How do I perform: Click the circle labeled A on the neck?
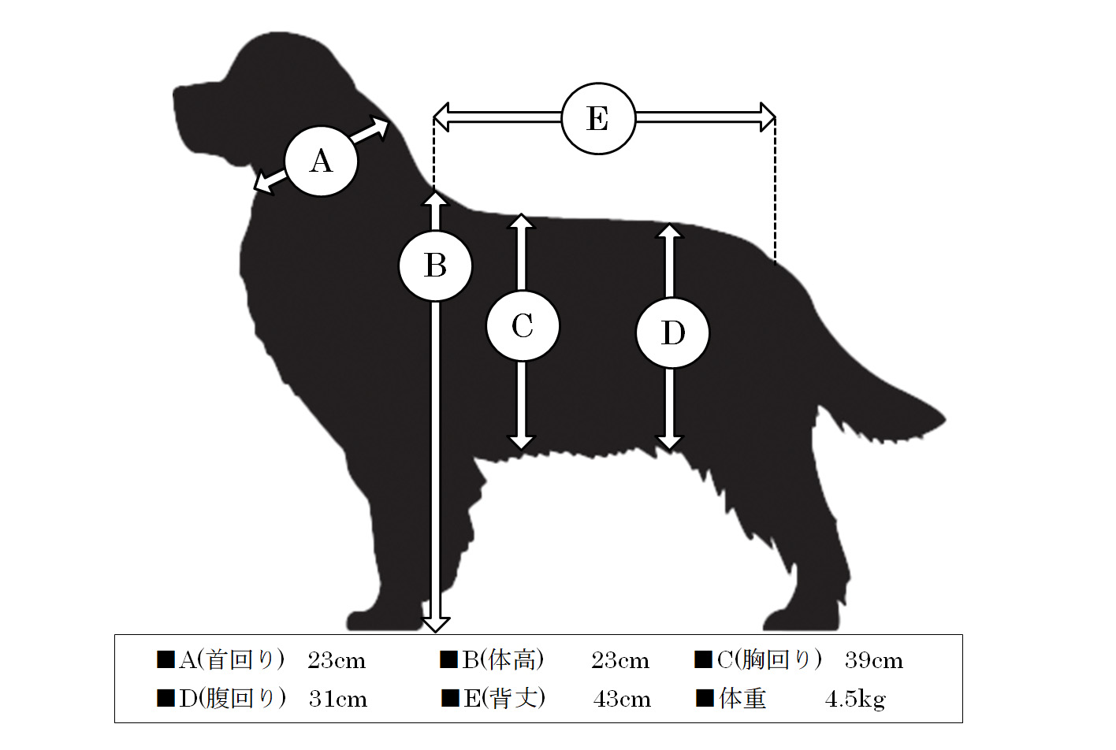click(x=322, y=161)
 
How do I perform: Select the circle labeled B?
click(x=435, y=265)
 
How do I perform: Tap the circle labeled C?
click(x=523, y=325)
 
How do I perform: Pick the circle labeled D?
click(x=672, y=332)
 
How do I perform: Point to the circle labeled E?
click(x=598, y=118)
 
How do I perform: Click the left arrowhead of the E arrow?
click(x=441, y=117)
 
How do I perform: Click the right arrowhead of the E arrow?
click(x=768, y=117)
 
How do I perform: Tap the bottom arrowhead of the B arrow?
click(x=435, y=625)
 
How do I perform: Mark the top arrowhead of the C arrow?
click(x=521, y=221)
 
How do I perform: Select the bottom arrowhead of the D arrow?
click(x=669, y=442)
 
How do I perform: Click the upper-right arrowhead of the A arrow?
click(x=378, y=127)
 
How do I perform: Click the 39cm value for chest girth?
click(x=874, y=661)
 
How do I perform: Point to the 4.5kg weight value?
click(x=855, y=700)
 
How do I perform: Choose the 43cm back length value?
click(x=622, y=700)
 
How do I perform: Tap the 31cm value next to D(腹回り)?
click(x=338, y=700)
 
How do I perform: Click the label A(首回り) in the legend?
click(x=232, y=660)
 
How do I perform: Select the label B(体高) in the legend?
click(x=502, y=660)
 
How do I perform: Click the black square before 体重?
click(x=705, y=698)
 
